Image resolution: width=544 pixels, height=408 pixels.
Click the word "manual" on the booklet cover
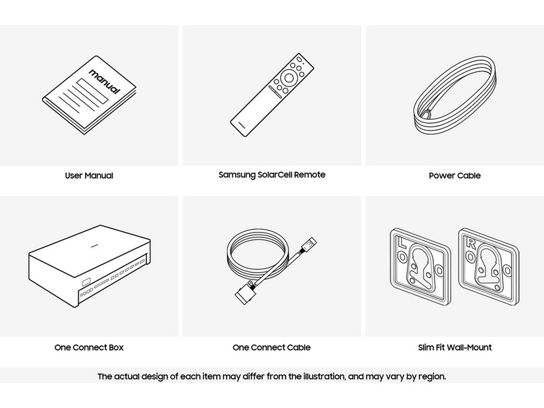click(x=105, y=81)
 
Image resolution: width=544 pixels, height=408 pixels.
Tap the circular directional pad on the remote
click(x=288, y=78)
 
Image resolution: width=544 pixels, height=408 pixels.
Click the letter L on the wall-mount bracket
click(x=403, y=243)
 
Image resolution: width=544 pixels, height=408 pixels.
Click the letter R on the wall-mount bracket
click(x=471, y=243)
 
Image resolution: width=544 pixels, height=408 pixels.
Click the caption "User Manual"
click(x=89, y=175)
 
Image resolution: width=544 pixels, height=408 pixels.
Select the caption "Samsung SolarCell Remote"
click(x=272, y=175)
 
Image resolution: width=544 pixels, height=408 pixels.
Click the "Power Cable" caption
click(x=455, y=175)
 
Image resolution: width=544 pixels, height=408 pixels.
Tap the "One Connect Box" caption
click(x=89, y=347)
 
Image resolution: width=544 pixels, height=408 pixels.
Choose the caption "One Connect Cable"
click(x=271, y=347)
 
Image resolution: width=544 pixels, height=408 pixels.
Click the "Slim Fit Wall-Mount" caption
click(x=455, y=347)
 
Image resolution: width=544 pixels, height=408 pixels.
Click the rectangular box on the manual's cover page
click(x=92, y=91)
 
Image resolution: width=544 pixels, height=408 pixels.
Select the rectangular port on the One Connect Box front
click(x=86, y=282)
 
